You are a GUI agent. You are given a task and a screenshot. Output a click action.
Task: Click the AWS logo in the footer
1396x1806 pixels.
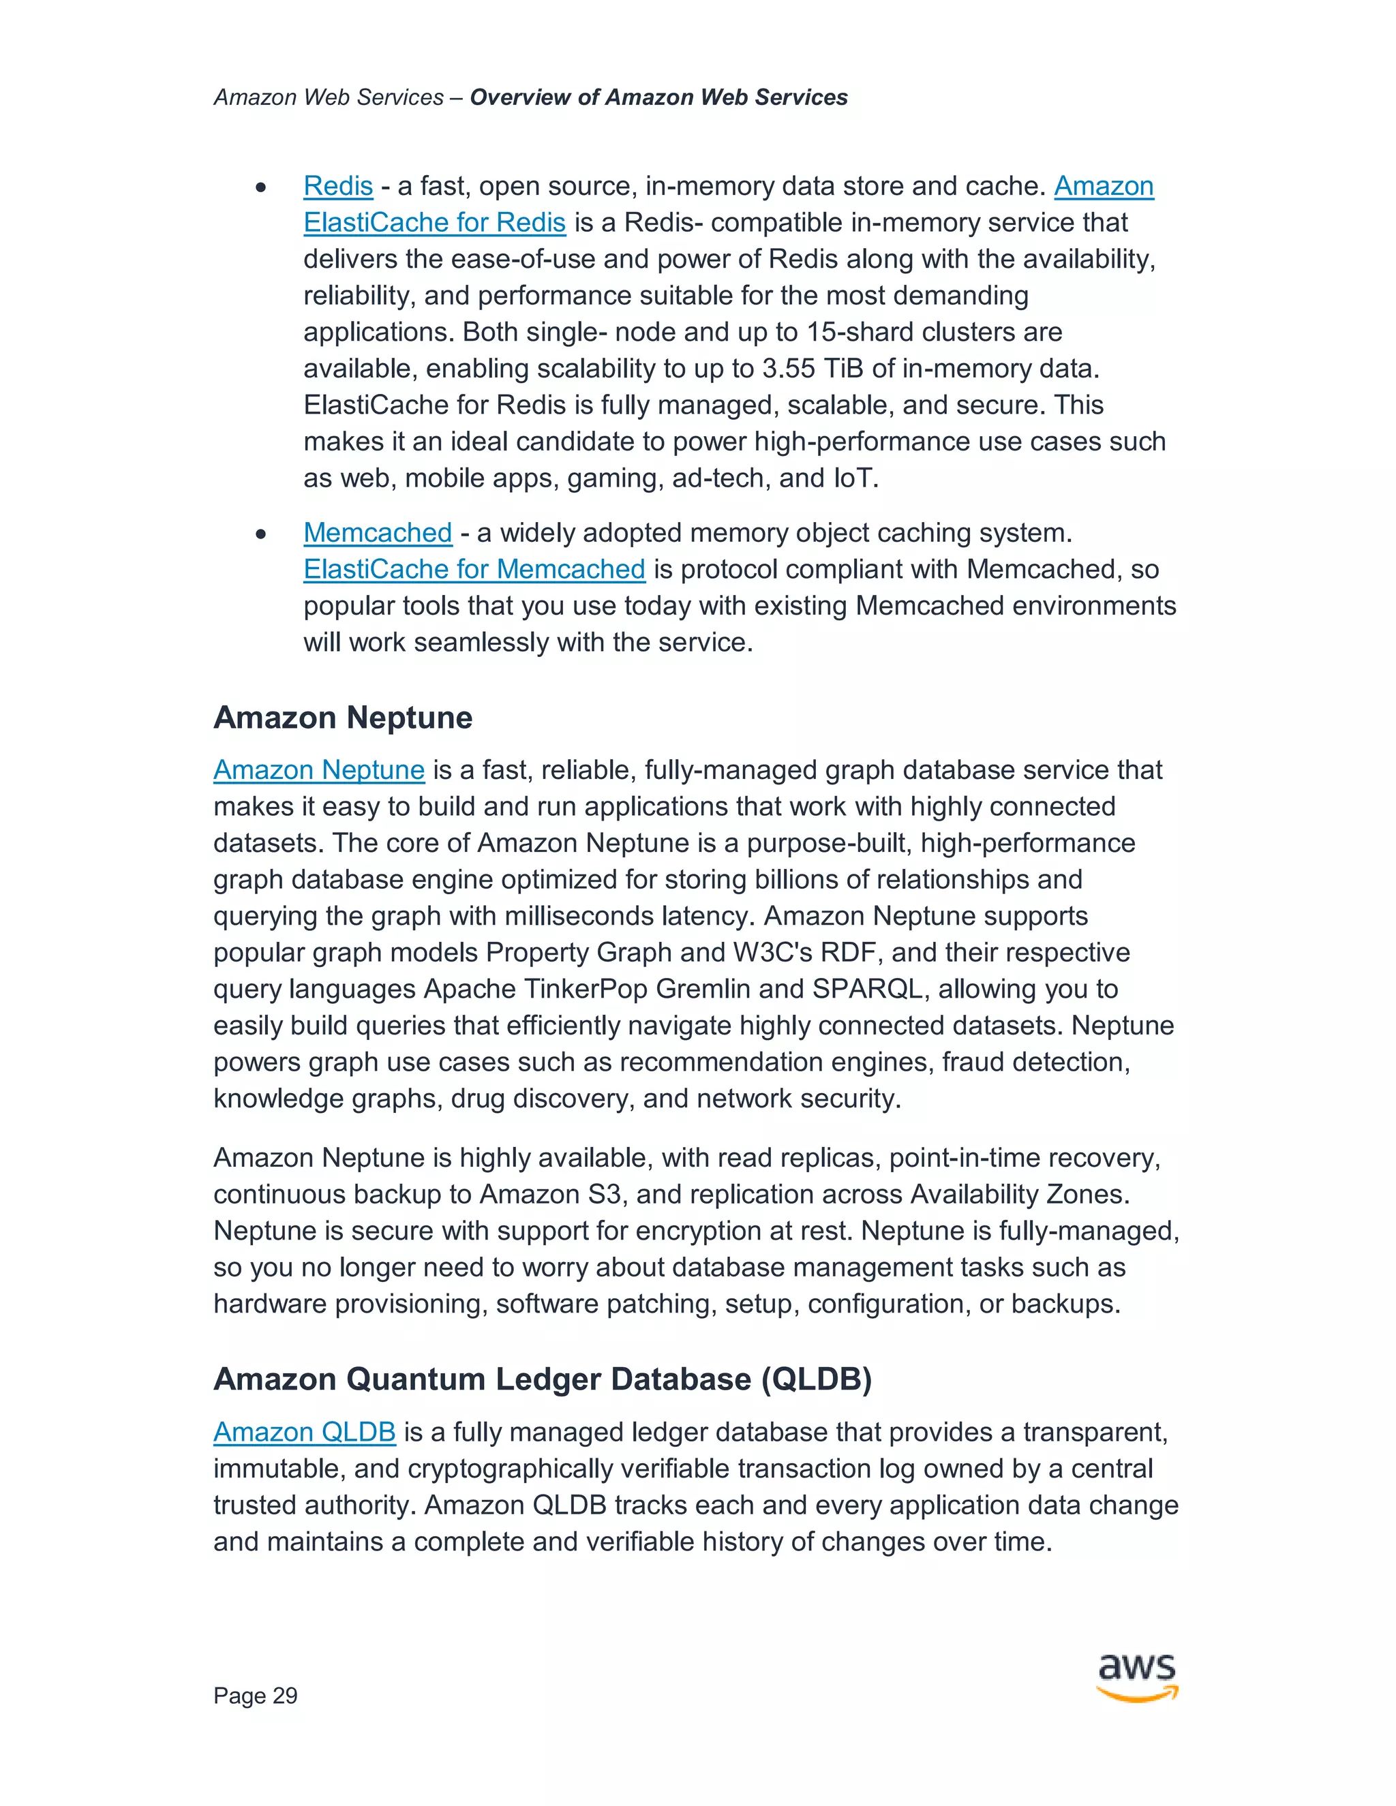pyautogui.click(x=1136, y=1677)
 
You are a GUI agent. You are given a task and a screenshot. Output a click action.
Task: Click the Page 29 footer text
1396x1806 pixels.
pyautogui.click(x=255, y=1695)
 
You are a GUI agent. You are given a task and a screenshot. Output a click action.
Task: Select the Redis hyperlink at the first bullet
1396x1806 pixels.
pyautogui.click(x=338, y=186)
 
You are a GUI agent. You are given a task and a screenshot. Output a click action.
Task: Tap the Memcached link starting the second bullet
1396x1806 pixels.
pyautogui.click(x=377, y=532)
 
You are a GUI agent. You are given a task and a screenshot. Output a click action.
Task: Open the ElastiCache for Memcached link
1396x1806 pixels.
pyautogui.click(x=474, y=569)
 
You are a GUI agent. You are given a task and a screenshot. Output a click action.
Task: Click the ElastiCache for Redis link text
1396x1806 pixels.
pyautogui.click(x=434, y=222)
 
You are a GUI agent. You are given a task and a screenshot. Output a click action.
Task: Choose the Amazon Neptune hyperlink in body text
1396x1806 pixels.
pyautogui.click(x=318, y=770)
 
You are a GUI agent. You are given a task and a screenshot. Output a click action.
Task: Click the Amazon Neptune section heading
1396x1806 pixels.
pyautogui.click(x=342, y=717)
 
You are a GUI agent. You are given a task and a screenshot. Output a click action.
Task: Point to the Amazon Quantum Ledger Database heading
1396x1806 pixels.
pyautogui.click(x=543, y=1379)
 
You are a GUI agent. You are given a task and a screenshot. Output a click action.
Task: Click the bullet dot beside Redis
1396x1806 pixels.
pyautogui.click(x=261, y=187)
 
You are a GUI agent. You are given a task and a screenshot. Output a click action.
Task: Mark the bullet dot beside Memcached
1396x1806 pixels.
pyautogui.click(x=261, y=534)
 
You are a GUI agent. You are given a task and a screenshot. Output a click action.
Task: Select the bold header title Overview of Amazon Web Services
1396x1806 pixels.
pyautogui.click(x=658, y=97)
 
